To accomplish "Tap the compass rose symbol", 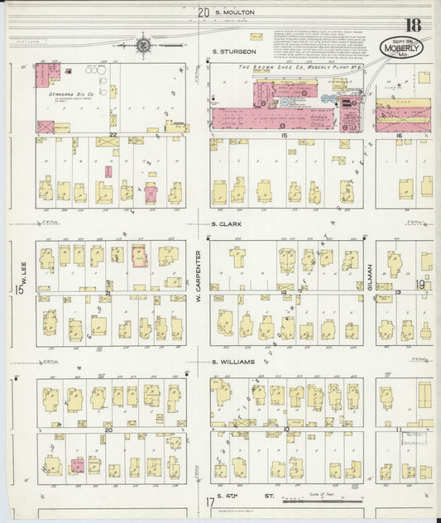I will click(143, 46).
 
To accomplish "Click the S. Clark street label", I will click(225, 223).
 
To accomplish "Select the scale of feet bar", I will click(323, 500).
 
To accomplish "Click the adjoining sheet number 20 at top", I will click(204, 12).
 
